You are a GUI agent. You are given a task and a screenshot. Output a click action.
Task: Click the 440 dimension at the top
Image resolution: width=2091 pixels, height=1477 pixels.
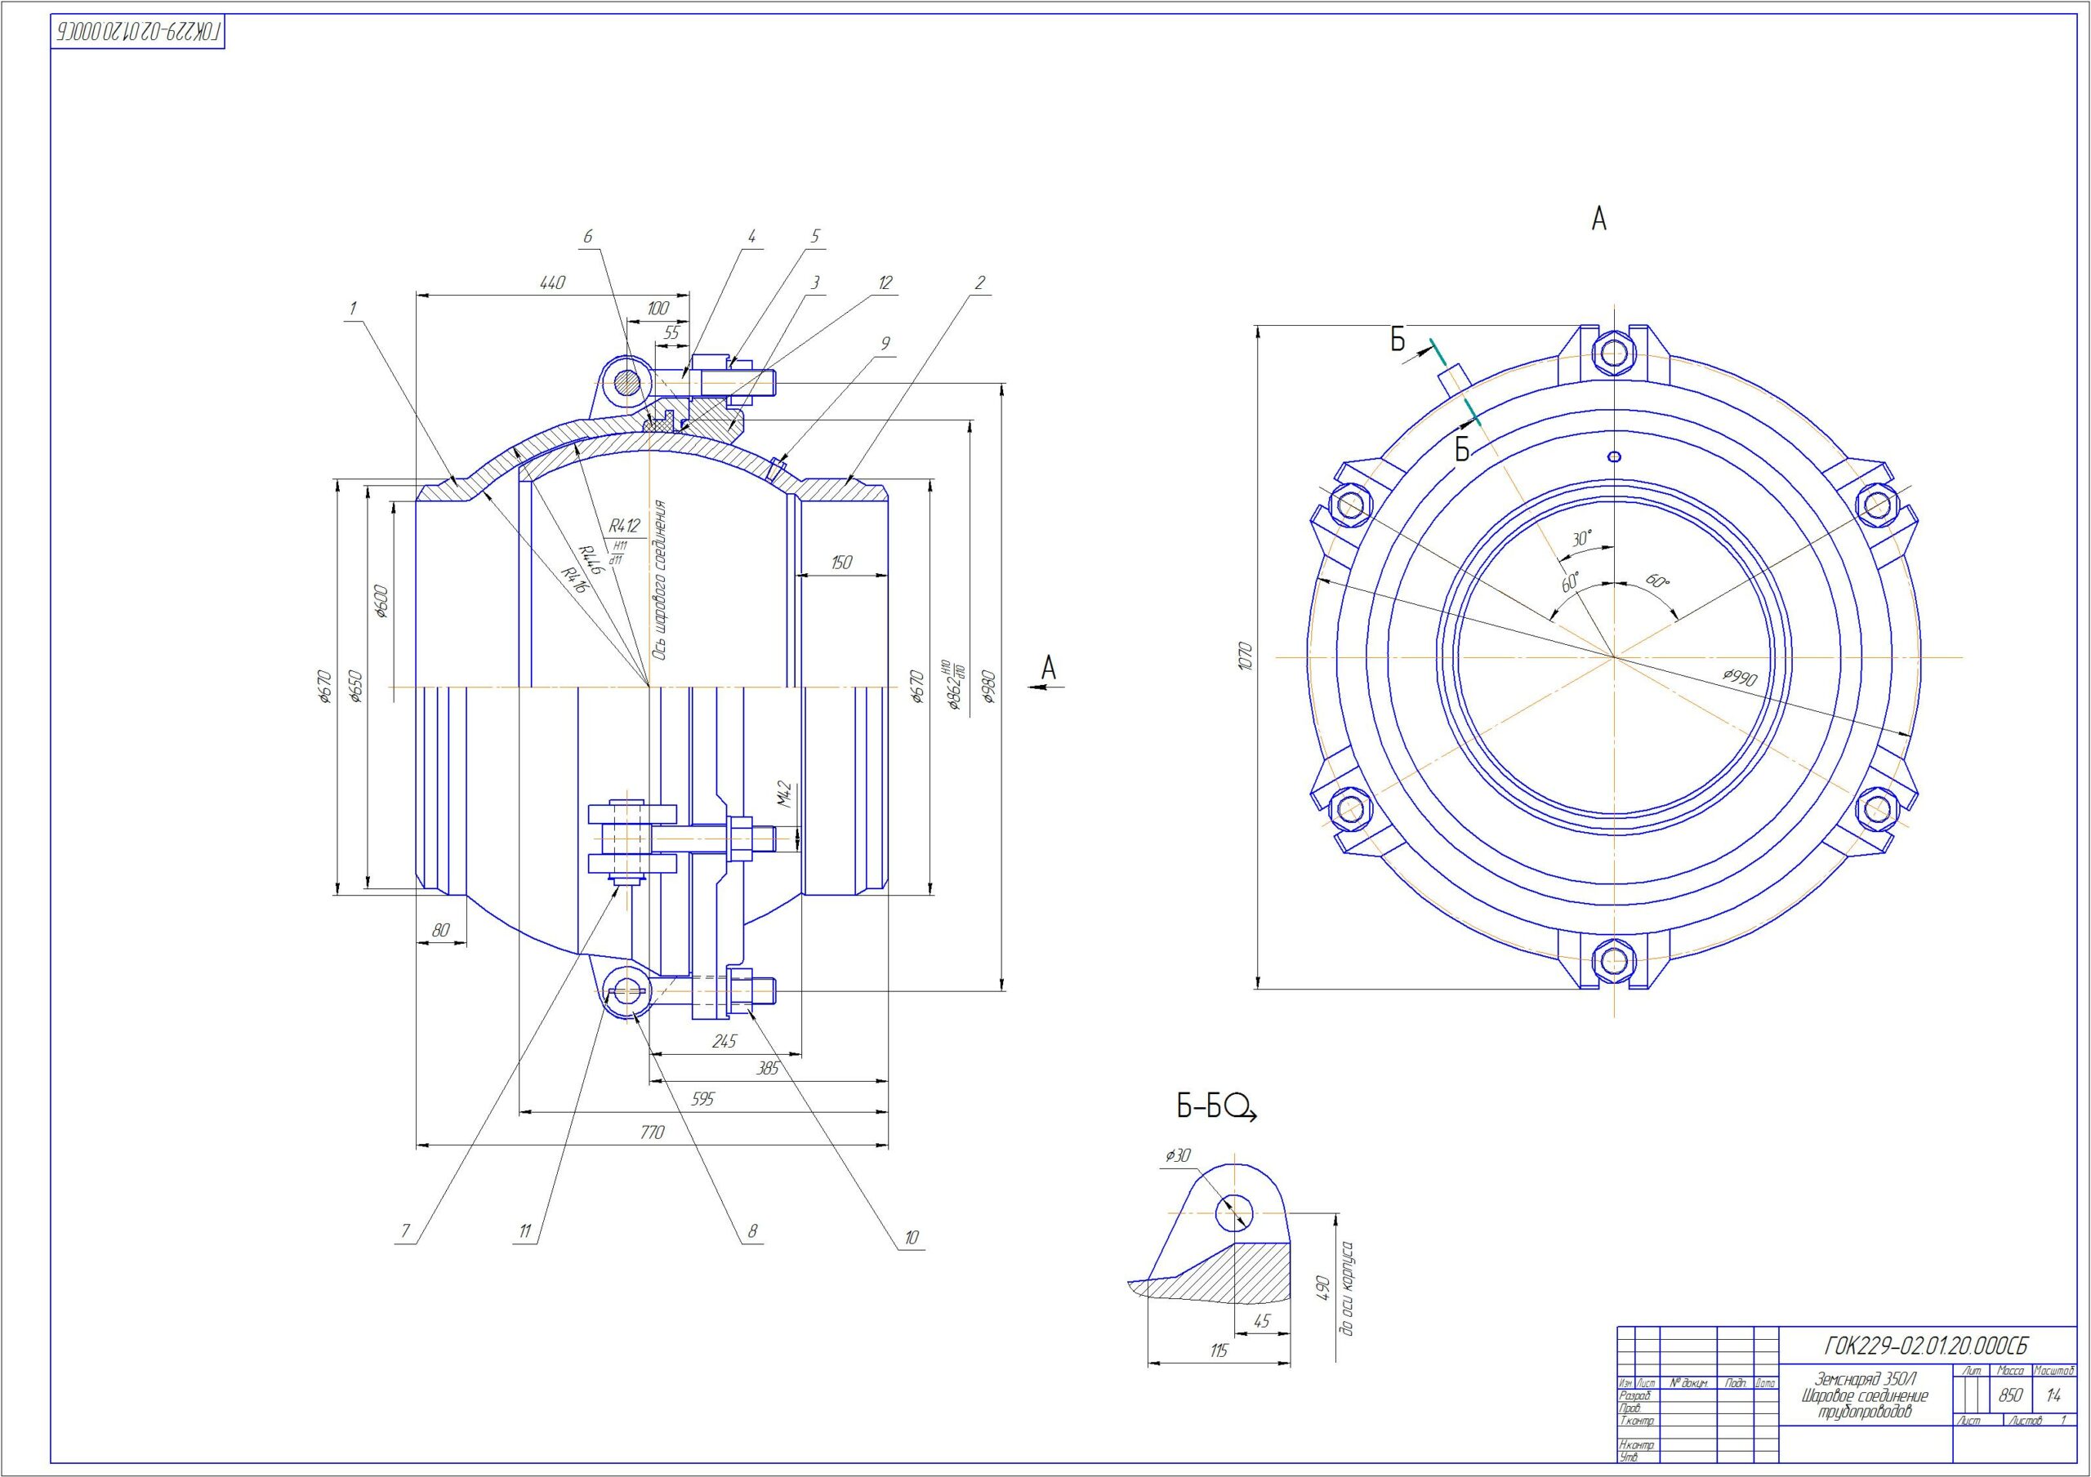(x=552, y=283)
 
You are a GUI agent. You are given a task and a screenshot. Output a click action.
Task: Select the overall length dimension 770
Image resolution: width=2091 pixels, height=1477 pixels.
(x=652, y=1132)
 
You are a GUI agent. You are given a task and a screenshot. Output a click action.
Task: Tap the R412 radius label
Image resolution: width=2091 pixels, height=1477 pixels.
(x=625, y=526)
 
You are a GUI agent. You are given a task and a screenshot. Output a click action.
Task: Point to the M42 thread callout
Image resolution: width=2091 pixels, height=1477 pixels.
(x=785, y=795)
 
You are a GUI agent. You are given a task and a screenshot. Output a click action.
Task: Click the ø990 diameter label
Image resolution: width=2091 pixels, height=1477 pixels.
(x=1740, y=679)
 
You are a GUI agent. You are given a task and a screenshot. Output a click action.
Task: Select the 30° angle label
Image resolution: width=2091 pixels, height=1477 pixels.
(x=1583, y=539)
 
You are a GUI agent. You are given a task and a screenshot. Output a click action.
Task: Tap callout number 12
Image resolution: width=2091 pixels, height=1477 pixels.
(x=885, y=283)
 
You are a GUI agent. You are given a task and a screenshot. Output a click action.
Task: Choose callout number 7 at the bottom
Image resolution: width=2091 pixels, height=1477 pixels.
(x=405, y=1232)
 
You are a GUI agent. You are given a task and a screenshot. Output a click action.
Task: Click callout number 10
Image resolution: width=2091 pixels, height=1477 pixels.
(x=911, y=1239)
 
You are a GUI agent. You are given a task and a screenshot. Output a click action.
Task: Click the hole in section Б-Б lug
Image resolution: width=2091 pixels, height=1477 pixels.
(x=1234, y=1212)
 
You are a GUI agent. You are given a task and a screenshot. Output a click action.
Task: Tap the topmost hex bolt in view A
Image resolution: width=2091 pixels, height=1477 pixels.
(x=1613, y=352)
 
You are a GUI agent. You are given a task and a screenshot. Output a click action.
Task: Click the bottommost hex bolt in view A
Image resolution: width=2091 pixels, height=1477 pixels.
(x=1613, y=960)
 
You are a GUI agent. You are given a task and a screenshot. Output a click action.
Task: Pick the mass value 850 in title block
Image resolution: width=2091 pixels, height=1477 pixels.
(x=2010, y=1396)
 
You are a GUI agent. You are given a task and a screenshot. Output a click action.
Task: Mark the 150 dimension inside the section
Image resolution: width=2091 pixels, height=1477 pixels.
(x=840, y=563)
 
